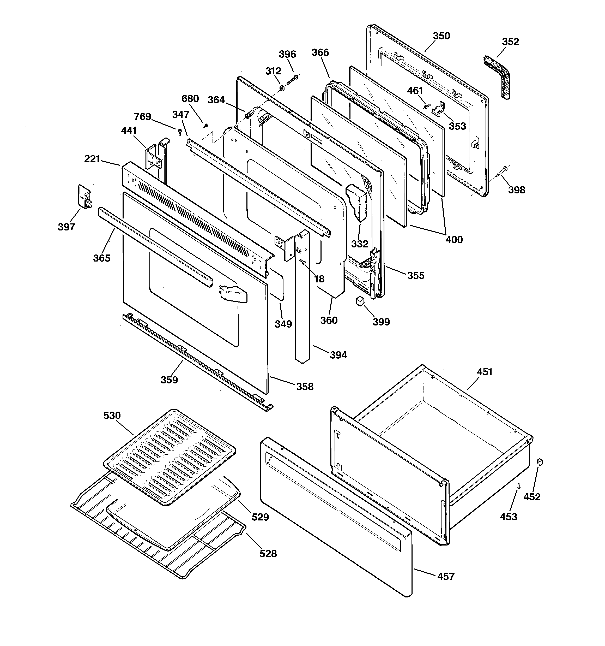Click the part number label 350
point(441,36)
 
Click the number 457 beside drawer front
point(446,576)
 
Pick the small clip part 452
point(540,462)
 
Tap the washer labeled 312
point(282,88)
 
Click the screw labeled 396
point(292,80)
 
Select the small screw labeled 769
point(180,131)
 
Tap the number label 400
point(454,240)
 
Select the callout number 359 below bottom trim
point(169,380)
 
